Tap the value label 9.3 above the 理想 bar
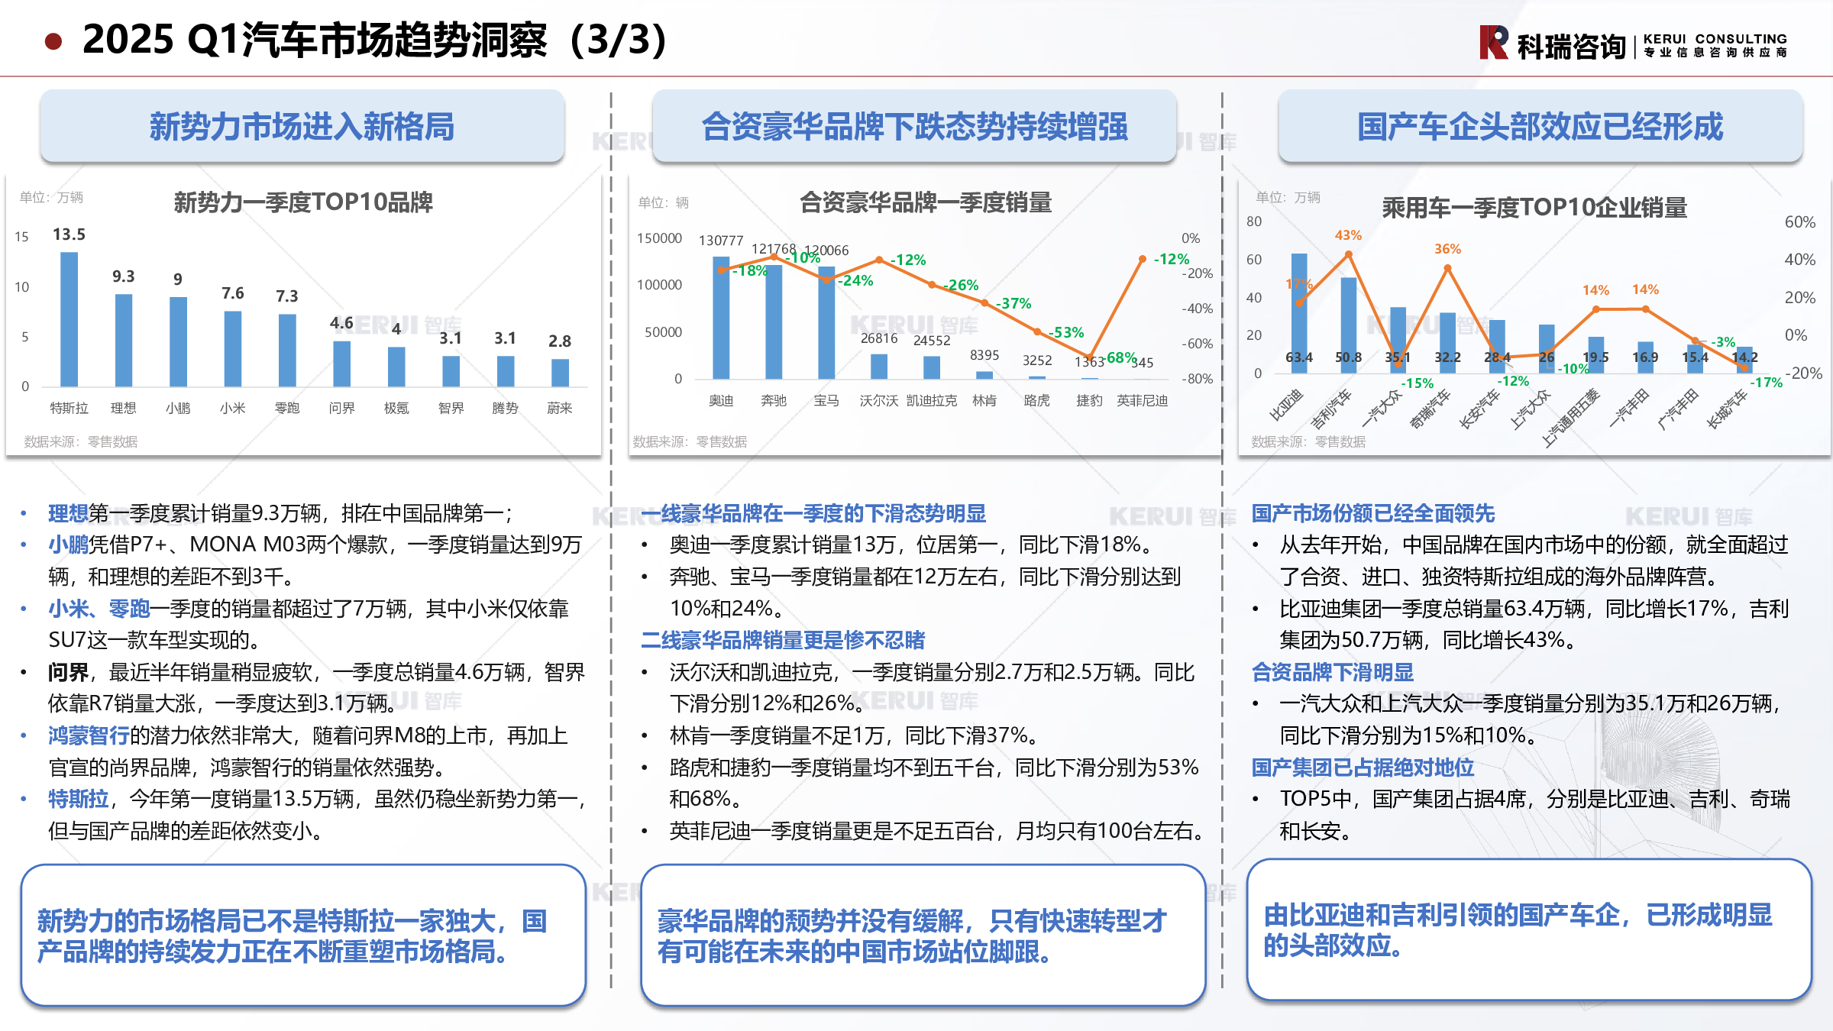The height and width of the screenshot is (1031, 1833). (x=123, y=276)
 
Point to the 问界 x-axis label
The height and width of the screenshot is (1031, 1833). (x=341, y=408)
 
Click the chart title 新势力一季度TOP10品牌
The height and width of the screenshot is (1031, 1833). (x=303, y=202)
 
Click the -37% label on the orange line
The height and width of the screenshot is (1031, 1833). (x=1013, y=303)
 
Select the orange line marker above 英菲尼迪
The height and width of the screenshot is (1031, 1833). (x=1142, y=260)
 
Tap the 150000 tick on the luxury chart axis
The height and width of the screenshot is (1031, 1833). (x=659, y=238)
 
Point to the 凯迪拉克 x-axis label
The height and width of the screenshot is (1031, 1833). (x=931, y=400)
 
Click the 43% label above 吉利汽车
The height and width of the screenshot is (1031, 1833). (x=1348, y=235)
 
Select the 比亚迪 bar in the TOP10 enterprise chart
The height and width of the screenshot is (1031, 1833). (x=1299, y=313)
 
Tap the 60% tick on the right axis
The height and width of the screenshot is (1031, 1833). (x=1799, y=221)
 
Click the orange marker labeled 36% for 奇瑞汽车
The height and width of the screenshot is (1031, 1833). (x=1447, y=268)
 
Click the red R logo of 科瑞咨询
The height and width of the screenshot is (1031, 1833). (x=1493, y=42)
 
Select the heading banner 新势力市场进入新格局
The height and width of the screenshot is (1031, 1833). (x=302, y=126)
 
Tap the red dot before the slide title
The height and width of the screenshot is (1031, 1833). (x=53, y=41)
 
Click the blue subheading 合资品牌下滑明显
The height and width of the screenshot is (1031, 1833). (x=1332, y=672)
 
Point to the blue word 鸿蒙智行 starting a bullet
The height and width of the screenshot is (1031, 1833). (x=89, y=735)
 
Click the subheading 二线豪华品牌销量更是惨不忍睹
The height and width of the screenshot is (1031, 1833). (x=782, y=640)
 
